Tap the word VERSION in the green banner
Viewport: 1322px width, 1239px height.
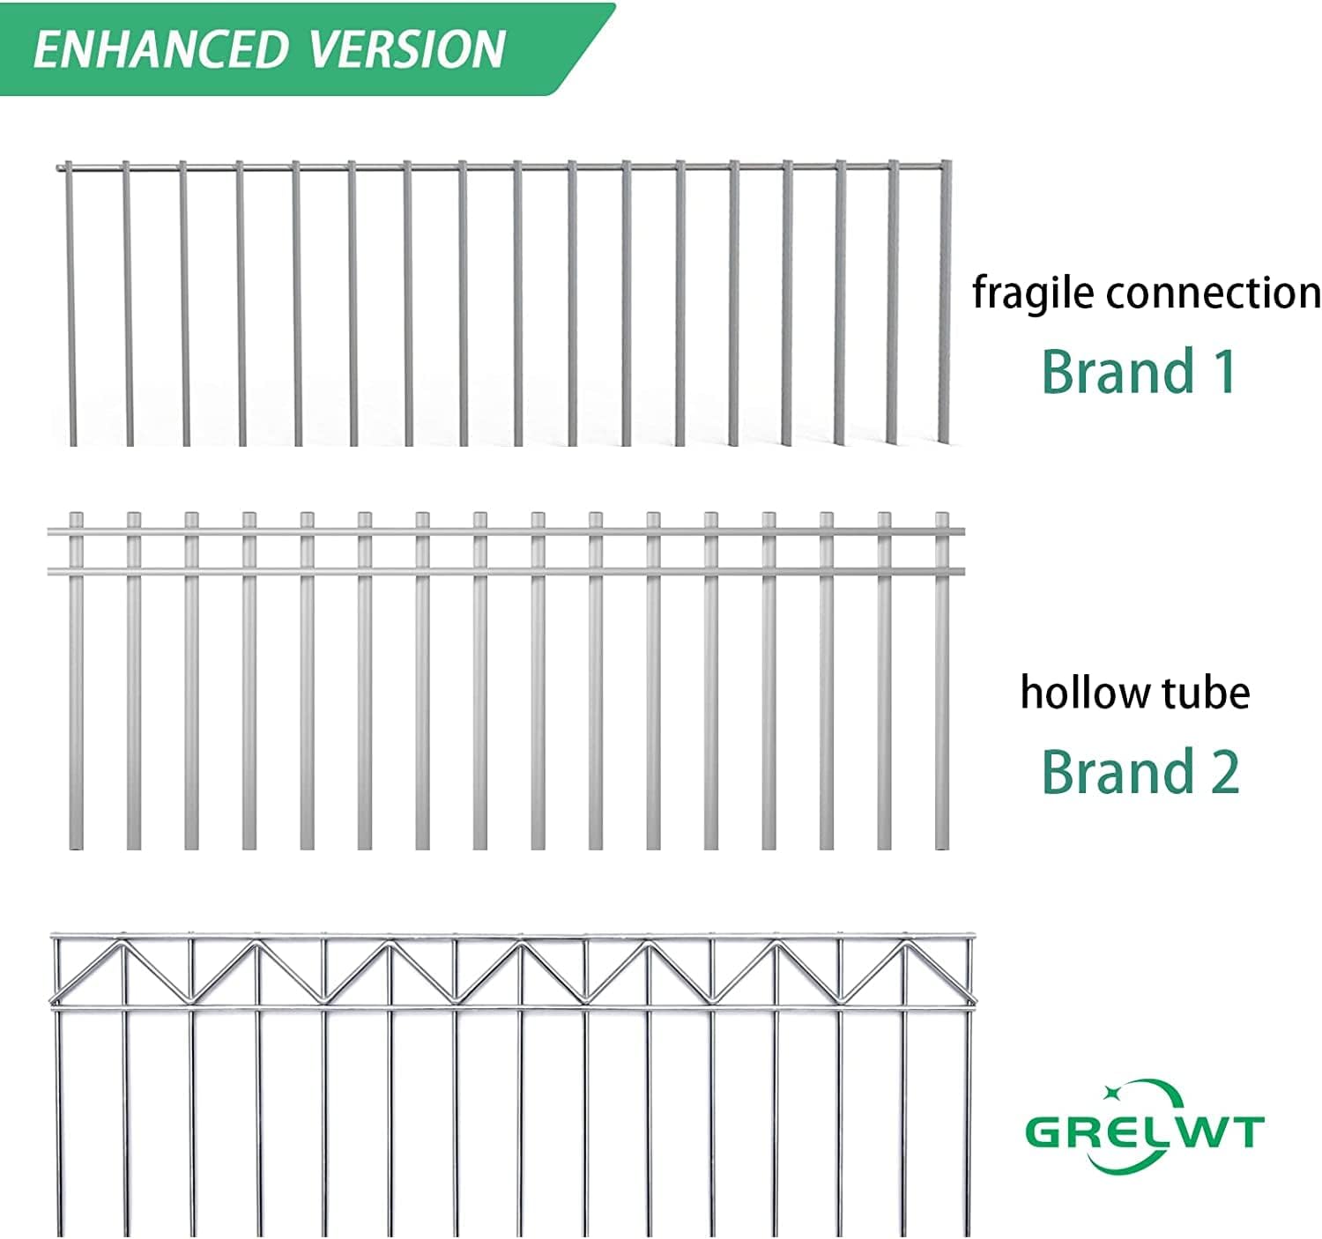(407, 49)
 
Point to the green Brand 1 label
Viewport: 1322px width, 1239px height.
(1139, 371)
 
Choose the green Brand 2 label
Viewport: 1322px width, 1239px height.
(1140, 771)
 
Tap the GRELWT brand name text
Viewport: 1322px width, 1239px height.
(1145, 1131)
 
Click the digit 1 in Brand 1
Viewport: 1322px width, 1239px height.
(1224, 371)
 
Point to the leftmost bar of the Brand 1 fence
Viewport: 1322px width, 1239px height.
(69, 304)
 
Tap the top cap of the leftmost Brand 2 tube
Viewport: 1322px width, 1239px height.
(77, 517)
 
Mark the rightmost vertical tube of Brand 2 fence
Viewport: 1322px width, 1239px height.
(942, 680)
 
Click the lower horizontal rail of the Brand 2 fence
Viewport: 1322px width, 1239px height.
(506, 571)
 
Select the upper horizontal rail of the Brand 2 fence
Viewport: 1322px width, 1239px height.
(506, 532)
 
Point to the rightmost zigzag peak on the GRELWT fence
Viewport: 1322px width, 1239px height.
(904, 943)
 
